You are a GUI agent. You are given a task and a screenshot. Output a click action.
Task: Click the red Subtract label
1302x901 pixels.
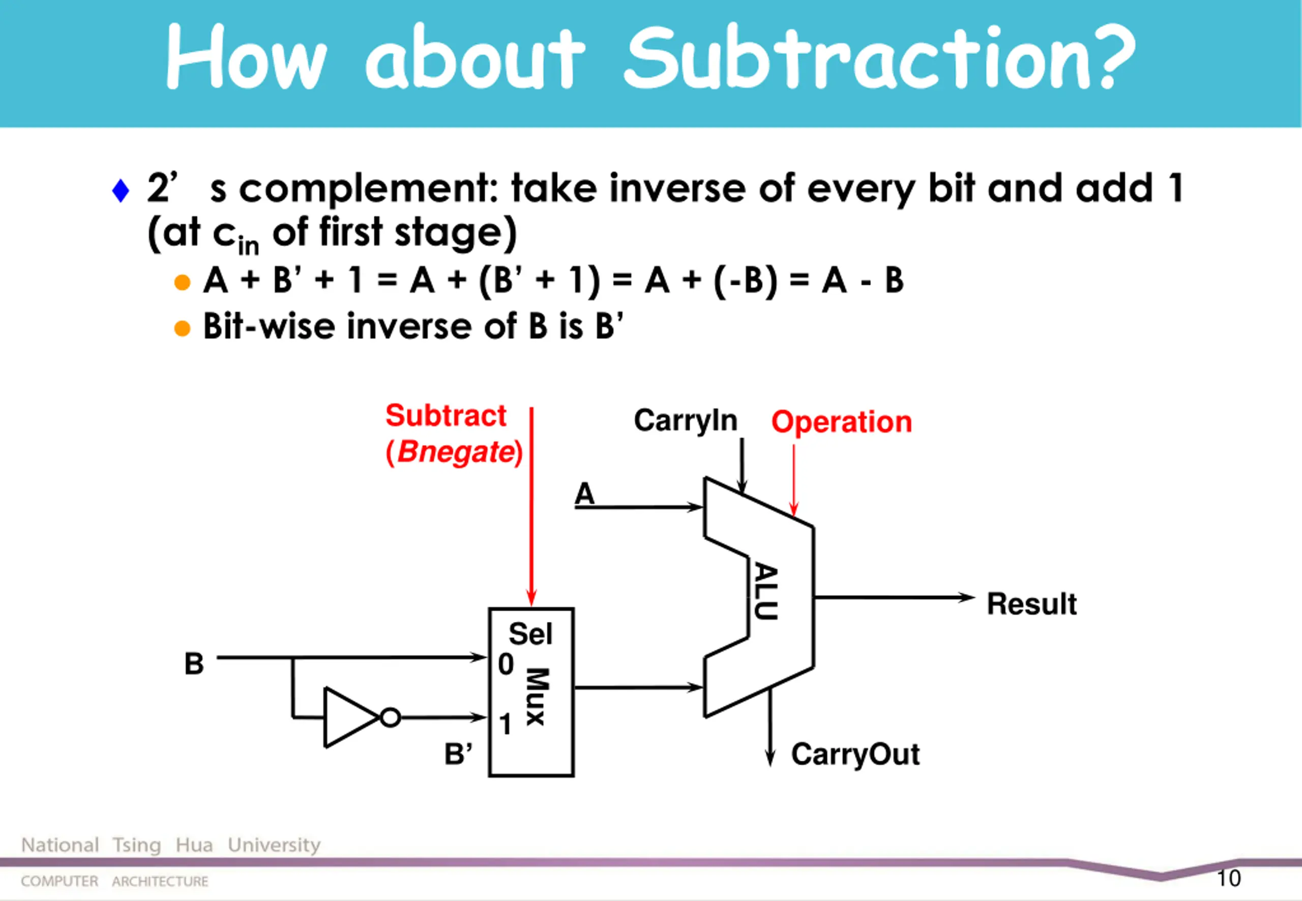click(446, 416)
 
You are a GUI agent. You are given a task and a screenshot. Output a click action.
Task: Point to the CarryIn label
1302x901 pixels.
click(686, 421)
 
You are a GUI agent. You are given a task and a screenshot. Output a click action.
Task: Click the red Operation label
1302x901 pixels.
click(841, 422)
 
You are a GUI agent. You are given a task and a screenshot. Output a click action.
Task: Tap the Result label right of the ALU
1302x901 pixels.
click(1031, 604)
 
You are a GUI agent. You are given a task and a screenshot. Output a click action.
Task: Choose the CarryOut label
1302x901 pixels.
click(855, 754)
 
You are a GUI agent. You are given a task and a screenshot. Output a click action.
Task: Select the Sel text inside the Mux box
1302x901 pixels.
click(530, 634)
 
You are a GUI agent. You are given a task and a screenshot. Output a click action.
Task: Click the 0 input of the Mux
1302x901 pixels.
click(506, 664)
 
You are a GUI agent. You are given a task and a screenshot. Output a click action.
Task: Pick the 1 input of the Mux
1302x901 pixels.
click(505, 724)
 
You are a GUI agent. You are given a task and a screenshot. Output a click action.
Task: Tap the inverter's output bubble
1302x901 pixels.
click(390, 717)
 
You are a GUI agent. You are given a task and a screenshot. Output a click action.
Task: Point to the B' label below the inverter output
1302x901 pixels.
click(458, 754)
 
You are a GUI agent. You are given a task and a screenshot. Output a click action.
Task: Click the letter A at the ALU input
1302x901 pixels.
click(584, 494)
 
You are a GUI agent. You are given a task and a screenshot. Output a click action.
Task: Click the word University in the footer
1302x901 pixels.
click(274, 845)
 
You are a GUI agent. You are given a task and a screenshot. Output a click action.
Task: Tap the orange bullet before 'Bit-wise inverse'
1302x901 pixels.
click(182, 328)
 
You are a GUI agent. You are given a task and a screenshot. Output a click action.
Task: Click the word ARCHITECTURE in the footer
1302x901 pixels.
click(160, 881)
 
